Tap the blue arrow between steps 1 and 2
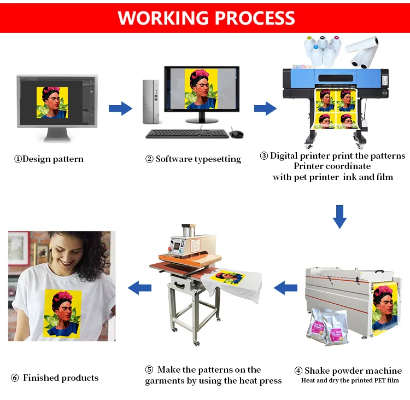pyautogui.click(x=120, y=108)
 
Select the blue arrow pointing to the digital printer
pyautogui.click(x=265, y=108)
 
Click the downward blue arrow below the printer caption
pyautogui.click(x=340, y=216)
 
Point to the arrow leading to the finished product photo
pyautogui.click(x=139, y=286)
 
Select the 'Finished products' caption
pyautogui.click(x=55, y=378)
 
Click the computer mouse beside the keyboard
pyautogui.click(x=236, y=134)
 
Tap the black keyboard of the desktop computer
pyautogui.click(x=186, y=134)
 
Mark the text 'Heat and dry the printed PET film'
pyautogui.click(x=350, y=380)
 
